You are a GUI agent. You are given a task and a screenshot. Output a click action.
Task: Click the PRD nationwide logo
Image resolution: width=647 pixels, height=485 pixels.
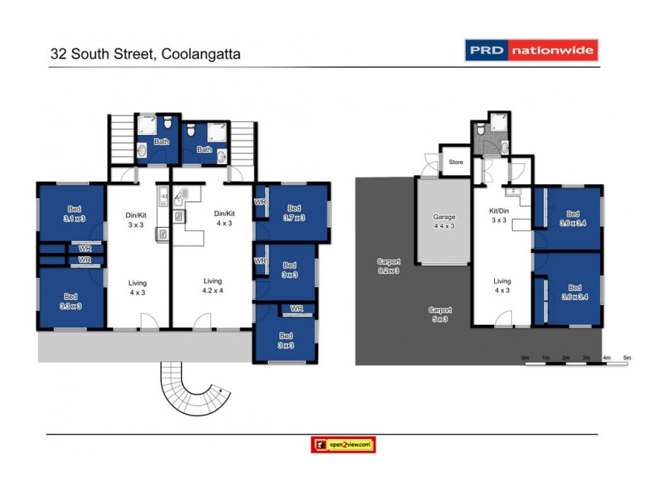pos(531,50)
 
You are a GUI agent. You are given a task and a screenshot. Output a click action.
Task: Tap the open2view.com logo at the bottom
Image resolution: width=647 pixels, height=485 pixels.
pos(344,445)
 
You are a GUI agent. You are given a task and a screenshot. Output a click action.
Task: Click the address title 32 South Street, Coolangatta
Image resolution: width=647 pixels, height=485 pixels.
pos(146,54)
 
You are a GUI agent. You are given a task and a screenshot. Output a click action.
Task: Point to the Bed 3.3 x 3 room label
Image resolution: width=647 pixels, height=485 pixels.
pos(72,301)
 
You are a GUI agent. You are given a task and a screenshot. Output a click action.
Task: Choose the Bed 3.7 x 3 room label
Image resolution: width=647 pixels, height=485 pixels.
pos(294,213)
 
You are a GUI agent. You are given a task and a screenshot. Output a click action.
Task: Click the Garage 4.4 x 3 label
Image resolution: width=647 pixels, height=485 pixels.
pos(444,221)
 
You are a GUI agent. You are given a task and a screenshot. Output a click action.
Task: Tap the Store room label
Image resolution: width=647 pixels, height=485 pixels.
pos(456,162)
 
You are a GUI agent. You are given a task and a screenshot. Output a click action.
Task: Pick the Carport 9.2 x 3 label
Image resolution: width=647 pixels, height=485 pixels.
pos(387,266)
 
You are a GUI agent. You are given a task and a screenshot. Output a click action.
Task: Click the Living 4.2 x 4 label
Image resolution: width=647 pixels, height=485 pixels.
pos(213,285)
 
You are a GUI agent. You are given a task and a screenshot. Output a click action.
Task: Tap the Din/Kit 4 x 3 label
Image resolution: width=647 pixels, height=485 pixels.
pos(224,218)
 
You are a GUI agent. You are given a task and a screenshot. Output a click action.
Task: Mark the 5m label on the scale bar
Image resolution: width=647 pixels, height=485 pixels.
pos(627,356)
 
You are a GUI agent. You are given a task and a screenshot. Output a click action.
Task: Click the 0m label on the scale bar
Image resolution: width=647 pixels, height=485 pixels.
pos(525,356)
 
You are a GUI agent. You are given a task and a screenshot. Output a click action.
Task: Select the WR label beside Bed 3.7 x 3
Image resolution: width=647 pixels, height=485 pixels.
pos(260,202)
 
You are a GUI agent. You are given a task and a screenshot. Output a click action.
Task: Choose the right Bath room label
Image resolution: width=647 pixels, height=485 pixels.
pos(205,150)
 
